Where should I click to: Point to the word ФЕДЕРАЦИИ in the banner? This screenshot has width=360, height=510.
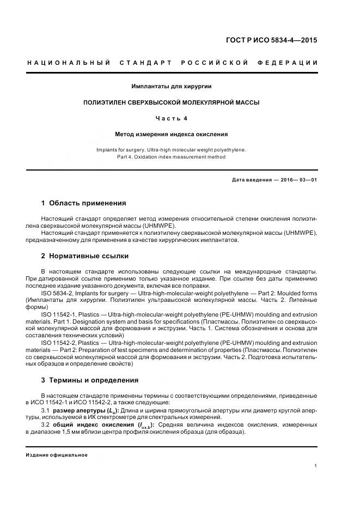coord(292,63)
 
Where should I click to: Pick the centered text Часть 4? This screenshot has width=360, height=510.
coord(172,118)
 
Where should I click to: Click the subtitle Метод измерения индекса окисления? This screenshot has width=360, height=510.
coord(172,133)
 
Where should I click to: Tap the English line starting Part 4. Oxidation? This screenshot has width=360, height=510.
coord(172,157)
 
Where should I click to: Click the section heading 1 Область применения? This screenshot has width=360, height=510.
coord(83,203)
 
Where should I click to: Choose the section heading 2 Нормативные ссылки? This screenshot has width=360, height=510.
coord(85,256)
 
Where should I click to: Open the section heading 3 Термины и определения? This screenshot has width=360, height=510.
coord(90,380)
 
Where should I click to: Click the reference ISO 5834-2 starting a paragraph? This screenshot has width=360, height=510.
coord(58,293)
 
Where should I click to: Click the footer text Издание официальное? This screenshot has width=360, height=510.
coord(57,455)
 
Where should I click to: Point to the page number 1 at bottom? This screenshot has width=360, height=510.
coord(316,466)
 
